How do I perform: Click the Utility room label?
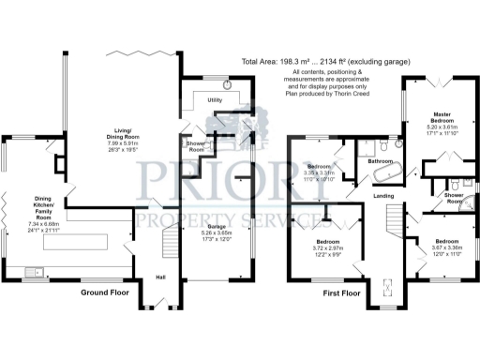pyautogui.click(x=215, y=98)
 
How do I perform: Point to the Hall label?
pyautogui.click(x=161, y=276)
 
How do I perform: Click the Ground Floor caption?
pyautogui.click(x=105, y=292)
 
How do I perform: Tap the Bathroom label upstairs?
pyautogui.click(x=381, y=161)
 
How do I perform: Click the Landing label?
pyautogui.click(x=382, y=195)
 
